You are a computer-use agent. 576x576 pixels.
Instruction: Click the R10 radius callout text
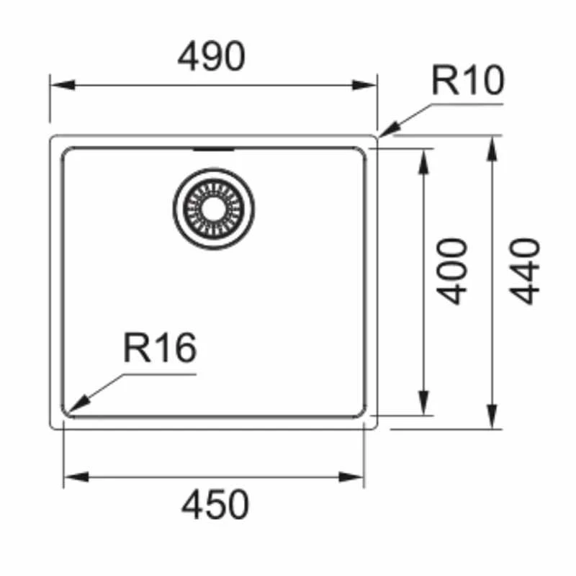pos(467,81)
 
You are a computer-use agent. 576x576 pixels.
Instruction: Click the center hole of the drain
pos(214,208)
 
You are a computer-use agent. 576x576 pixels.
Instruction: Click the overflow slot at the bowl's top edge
pos(214,149)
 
